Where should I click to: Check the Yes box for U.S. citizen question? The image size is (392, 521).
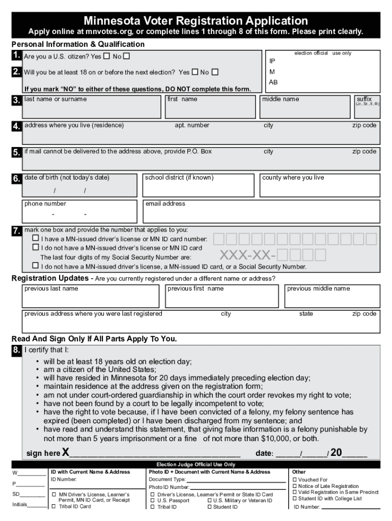tap(106, 55)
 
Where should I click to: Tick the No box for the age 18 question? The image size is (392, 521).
tap(215, 72)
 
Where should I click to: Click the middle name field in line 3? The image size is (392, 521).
tap(306, 107)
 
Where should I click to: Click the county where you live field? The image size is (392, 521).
tap(319, 186)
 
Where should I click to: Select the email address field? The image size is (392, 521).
tap(261, 211)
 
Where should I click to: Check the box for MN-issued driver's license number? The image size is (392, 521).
tap(36, 238)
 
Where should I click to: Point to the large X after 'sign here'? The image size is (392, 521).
tap(66, 453)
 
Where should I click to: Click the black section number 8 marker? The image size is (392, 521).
tap(17, 350)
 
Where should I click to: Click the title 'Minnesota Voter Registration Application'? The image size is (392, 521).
tap(196, 21)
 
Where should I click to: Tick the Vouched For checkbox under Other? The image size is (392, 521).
tap(295, 480)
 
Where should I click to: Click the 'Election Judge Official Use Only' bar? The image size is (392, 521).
tap(196, 465)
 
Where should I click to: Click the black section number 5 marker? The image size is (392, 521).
tap(17, 152)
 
